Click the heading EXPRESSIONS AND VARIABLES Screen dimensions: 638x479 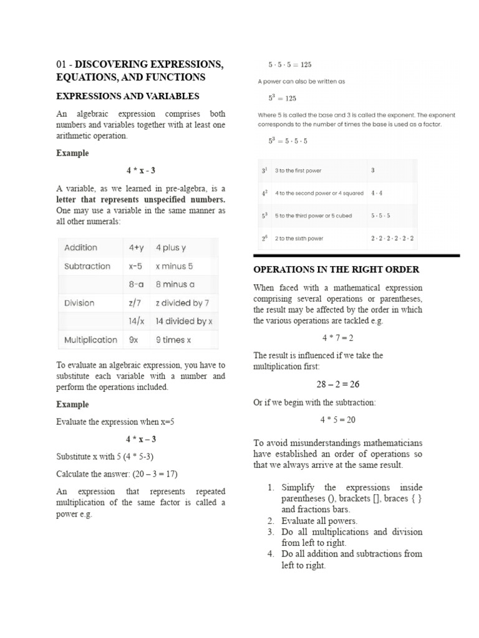127,96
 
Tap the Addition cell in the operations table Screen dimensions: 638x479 80,247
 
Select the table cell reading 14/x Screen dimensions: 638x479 137,321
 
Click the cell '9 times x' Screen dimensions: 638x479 173,340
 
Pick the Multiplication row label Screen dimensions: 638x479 90,340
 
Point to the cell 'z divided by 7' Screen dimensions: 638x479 182,303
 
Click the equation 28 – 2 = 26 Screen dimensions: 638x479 337,384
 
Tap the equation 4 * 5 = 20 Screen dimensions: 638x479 337,419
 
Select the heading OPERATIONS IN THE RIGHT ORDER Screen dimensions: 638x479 336,269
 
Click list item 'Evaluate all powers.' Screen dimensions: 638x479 319,521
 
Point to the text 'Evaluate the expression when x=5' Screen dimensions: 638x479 115,422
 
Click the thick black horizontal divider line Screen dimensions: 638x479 356,255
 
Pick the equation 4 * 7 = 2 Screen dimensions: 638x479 337,338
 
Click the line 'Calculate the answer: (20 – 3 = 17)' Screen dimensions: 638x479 123,474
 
